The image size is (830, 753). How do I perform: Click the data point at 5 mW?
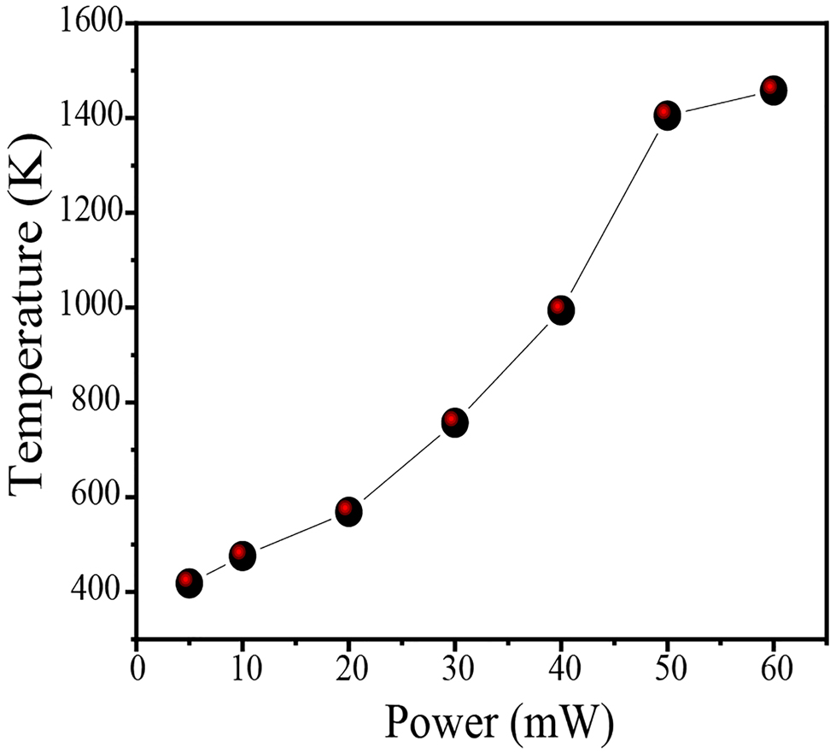(x=189, y=584)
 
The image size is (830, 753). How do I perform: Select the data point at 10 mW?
(x=243, y=556)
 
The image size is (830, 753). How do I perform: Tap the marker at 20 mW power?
(x=348, y=512)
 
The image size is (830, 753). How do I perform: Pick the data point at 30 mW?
(x=455, y=422)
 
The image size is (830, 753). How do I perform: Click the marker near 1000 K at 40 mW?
(x=561, y=309)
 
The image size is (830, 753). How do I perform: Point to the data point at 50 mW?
(x=667, y=115)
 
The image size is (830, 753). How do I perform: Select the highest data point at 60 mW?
(x=774, y=90)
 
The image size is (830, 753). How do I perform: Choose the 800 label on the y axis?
(x=96, y=403)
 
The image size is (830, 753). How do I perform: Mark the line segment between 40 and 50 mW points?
(x=614, y=212)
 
